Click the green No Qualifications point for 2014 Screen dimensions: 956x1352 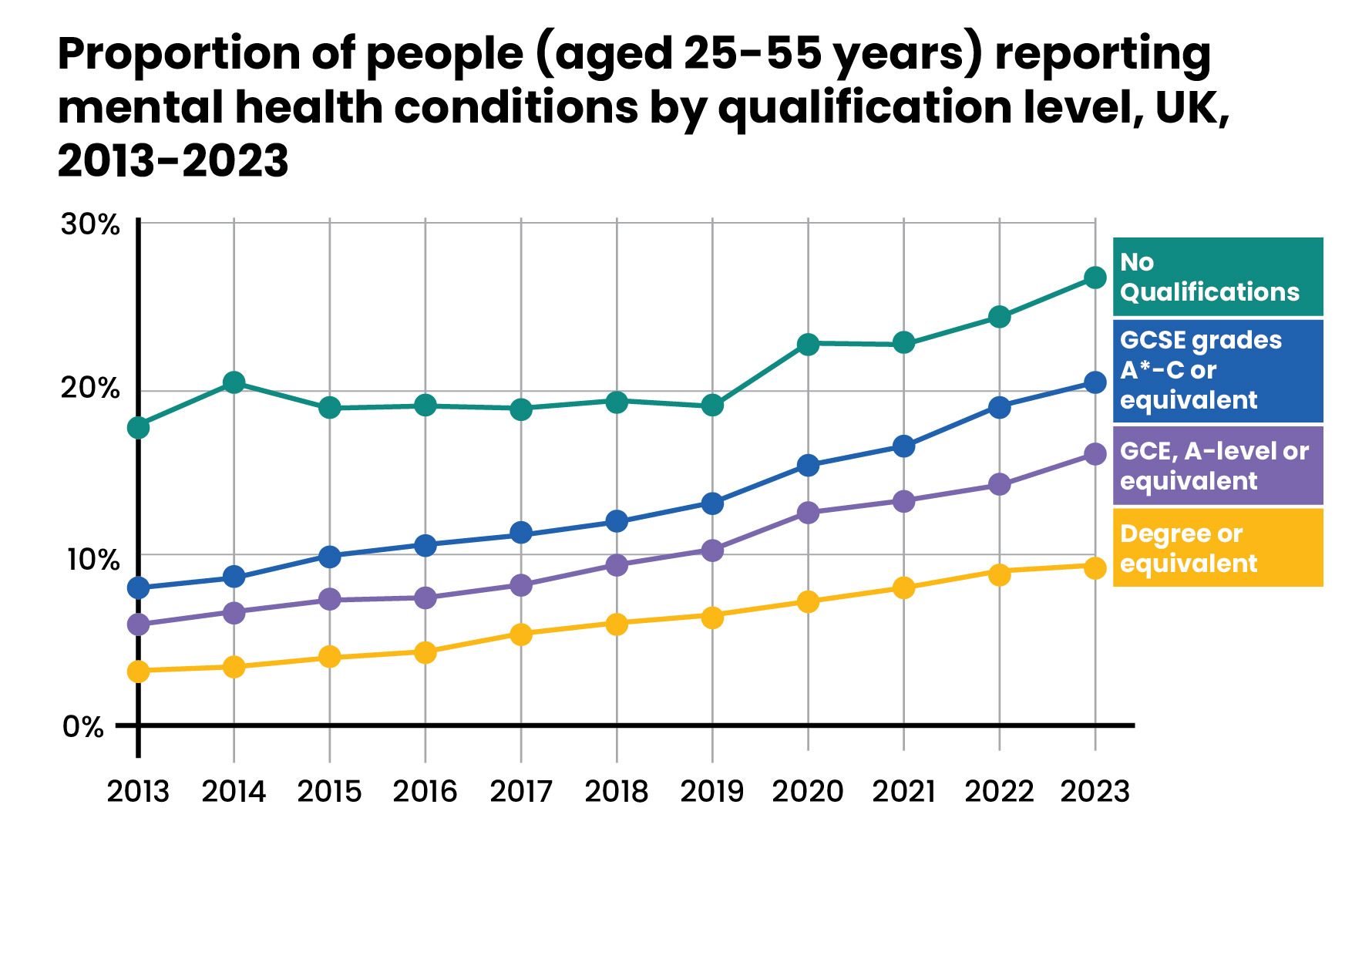(x=234, y=382)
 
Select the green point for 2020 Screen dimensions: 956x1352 (x=808, y=344)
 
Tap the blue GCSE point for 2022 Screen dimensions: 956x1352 (x=999, y=407)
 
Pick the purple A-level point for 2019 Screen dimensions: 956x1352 (x=712, y=550)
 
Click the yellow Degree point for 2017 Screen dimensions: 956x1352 (x=521, y=635)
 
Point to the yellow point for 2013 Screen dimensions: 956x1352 (x=139, y=672)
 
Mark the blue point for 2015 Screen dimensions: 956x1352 (x=330, y=556)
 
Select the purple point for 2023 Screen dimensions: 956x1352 (x=1095, y=454)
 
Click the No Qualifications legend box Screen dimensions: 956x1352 (x=1218, y=277)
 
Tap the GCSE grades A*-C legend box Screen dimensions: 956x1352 (x=1218, y=370)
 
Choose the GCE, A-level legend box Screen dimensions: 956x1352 (x=1218, y=466)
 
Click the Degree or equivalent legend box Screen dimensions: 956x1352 (x=1218, y=547)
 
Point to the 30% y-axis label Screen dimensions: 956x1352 (x=90, y=225)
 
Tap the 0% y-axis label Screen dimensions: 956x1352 (x=82, y=727)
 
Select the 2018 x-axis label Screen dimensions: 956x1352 (x=617, y=792)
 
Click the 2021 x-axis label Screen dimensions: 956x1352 (x=903, y=792)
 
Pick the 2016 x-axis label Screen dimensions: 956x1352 (x=425, y=792)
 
